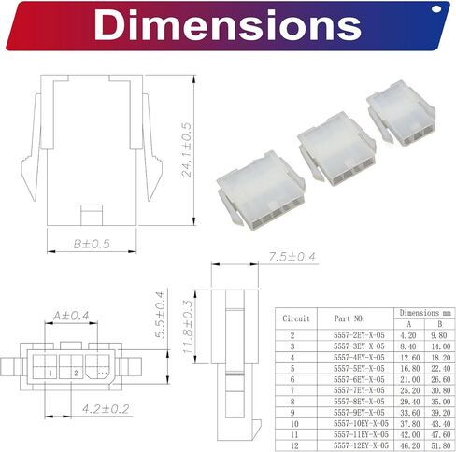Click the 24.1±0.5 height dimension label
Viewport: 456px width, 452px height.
tap(187, 148)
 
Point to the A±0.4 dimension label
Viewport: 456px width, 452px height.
tap(71, 317)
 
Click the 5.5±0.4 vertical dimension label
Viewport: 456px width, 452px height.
tap(161, 314)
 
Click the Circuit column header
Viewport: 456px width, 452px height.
tap(296, 318)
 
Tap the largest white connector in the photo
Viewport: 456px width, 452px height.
tap(256, 191)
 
